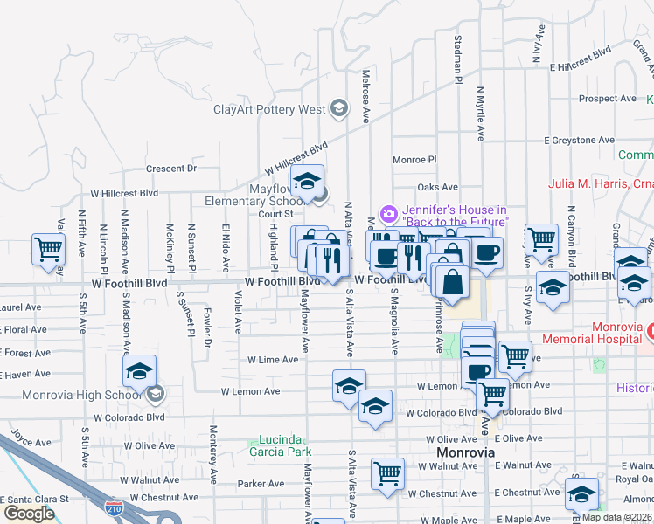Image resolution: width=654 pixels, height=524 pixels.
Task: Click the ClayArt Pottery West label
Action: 269,110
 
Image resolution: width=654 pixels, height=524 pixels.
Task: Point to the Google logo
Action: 29,513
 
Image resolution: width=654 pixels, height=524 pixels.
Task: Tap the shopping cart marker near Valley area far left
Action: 48,250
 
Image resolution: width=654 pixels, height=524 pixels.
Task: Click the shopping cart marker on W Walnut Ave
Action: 387,474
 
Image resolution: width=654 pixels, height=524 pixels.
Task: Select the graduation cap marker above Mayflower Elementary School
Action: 307,182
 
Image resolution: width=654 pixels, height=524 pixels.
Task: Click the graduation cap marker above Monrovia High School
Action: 139,372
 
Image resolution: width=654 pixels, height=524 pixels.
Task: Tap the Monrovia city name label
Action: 466,452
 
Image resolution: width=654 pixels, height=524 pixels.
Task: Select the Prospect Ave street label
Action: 608,99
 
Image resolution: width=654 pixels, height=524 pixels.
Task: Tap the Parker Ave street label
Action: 257,483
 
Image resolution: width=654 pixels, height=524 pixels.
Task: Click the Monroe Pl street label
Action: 414,160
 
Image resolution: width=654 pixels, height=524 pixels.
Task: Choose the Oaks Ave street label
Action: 437,187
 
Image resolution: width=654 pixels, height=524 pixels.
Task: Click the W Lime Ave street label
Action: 274,360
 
